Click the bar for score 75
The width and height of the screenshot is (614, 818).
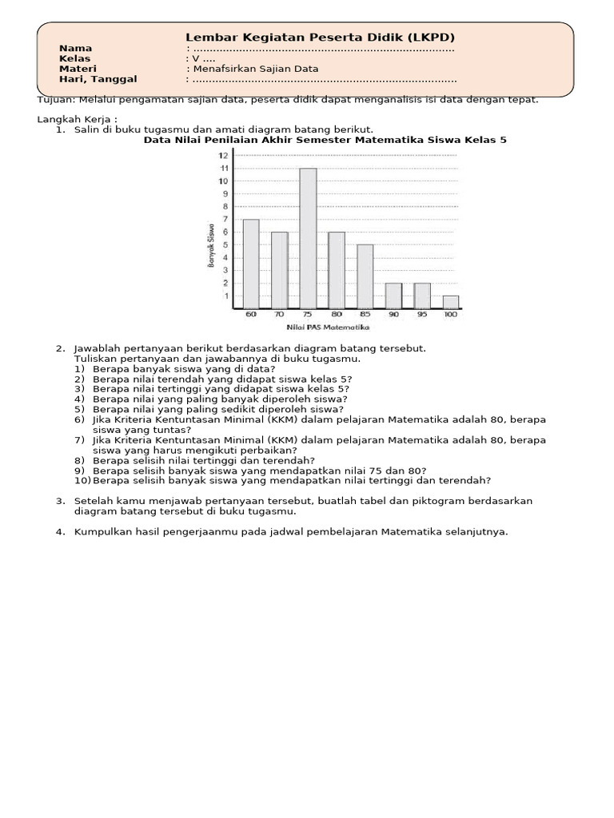[308, 239]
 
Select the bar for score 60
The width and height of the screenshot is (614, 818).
[251, 264]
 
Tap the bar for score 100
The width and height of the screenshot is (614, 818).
[451, 303]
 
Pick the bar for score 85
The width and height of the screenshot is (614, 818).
[365, 277]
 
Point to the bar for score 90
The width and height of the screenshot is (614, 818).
[393, 296]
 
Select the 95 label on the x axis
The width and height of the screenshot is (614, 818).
[422, 316]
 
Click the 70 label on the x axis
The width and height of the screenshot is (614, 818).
[279, 316]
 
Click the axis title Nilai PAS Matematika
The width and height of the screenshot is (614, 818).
[328, 328]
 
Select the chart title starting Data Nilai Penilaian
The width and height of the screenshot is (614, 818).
[325, 140]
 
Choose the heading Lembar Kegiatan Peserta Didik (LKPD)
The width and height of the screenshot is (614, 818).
[320, 37]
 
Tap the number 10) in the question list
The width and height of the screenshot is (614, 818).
[82, 481]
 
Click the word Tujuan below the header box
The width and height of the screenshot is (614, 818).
[55, 100]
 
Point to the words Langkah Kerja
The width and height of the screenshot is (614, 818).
[76, 119]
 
